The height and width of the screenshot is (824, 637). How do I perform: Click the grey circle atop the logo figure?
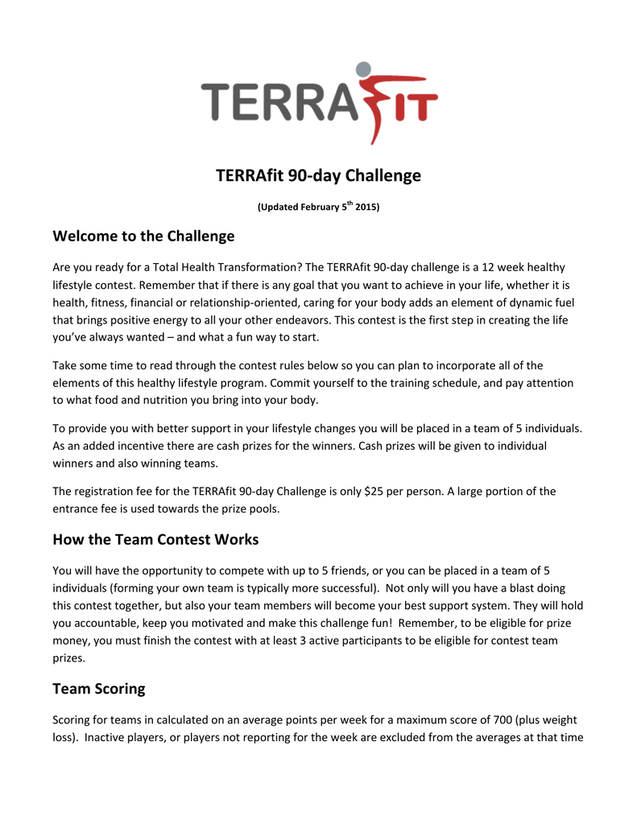tap(364, 70)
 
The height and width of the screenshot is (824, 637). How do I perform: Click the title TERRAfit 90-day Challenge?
tap(318, 175)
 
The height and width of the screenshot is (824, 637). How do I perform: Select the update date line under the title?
tap(318, 207)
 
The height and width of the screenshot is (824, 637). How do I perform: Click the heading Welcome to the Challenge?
tap(143, 237)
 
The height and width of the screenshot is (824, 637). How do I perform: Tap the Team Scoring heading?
tap(99, 689)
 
